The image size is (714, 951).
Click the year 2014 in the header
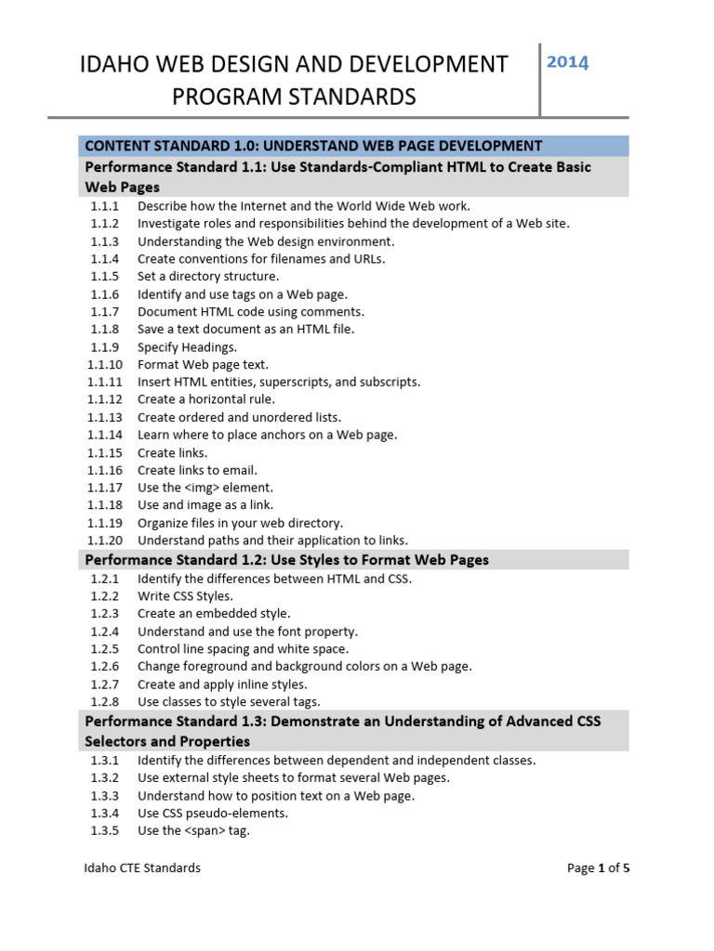[567, 63]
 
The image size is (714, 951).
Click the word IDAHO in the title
[116, 65]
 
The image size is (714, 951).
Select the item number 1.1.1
[105, 206]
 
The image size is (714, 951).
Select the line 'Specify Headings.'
[187, 347]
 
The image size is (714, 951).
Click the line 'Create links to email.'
[197, 470]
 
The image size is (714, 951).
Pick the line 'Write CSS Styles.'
[185, 596]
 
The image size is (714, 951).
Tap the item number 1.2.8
[105, 702]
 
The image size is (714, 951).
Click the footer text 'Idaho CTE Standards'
[142, 868]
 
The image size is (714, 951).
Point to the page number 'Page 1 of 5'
[599, 868]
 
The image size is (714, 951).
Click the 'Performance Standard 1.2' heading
[286, 560]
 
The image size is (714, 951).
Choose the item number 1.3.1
[105, 761]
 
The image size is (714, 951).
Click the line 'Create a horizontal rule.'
[205, 399]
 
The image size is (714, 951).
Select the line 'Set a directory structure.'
[208, 277]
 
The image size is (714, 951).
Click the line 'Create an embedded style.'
[214, 614]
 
